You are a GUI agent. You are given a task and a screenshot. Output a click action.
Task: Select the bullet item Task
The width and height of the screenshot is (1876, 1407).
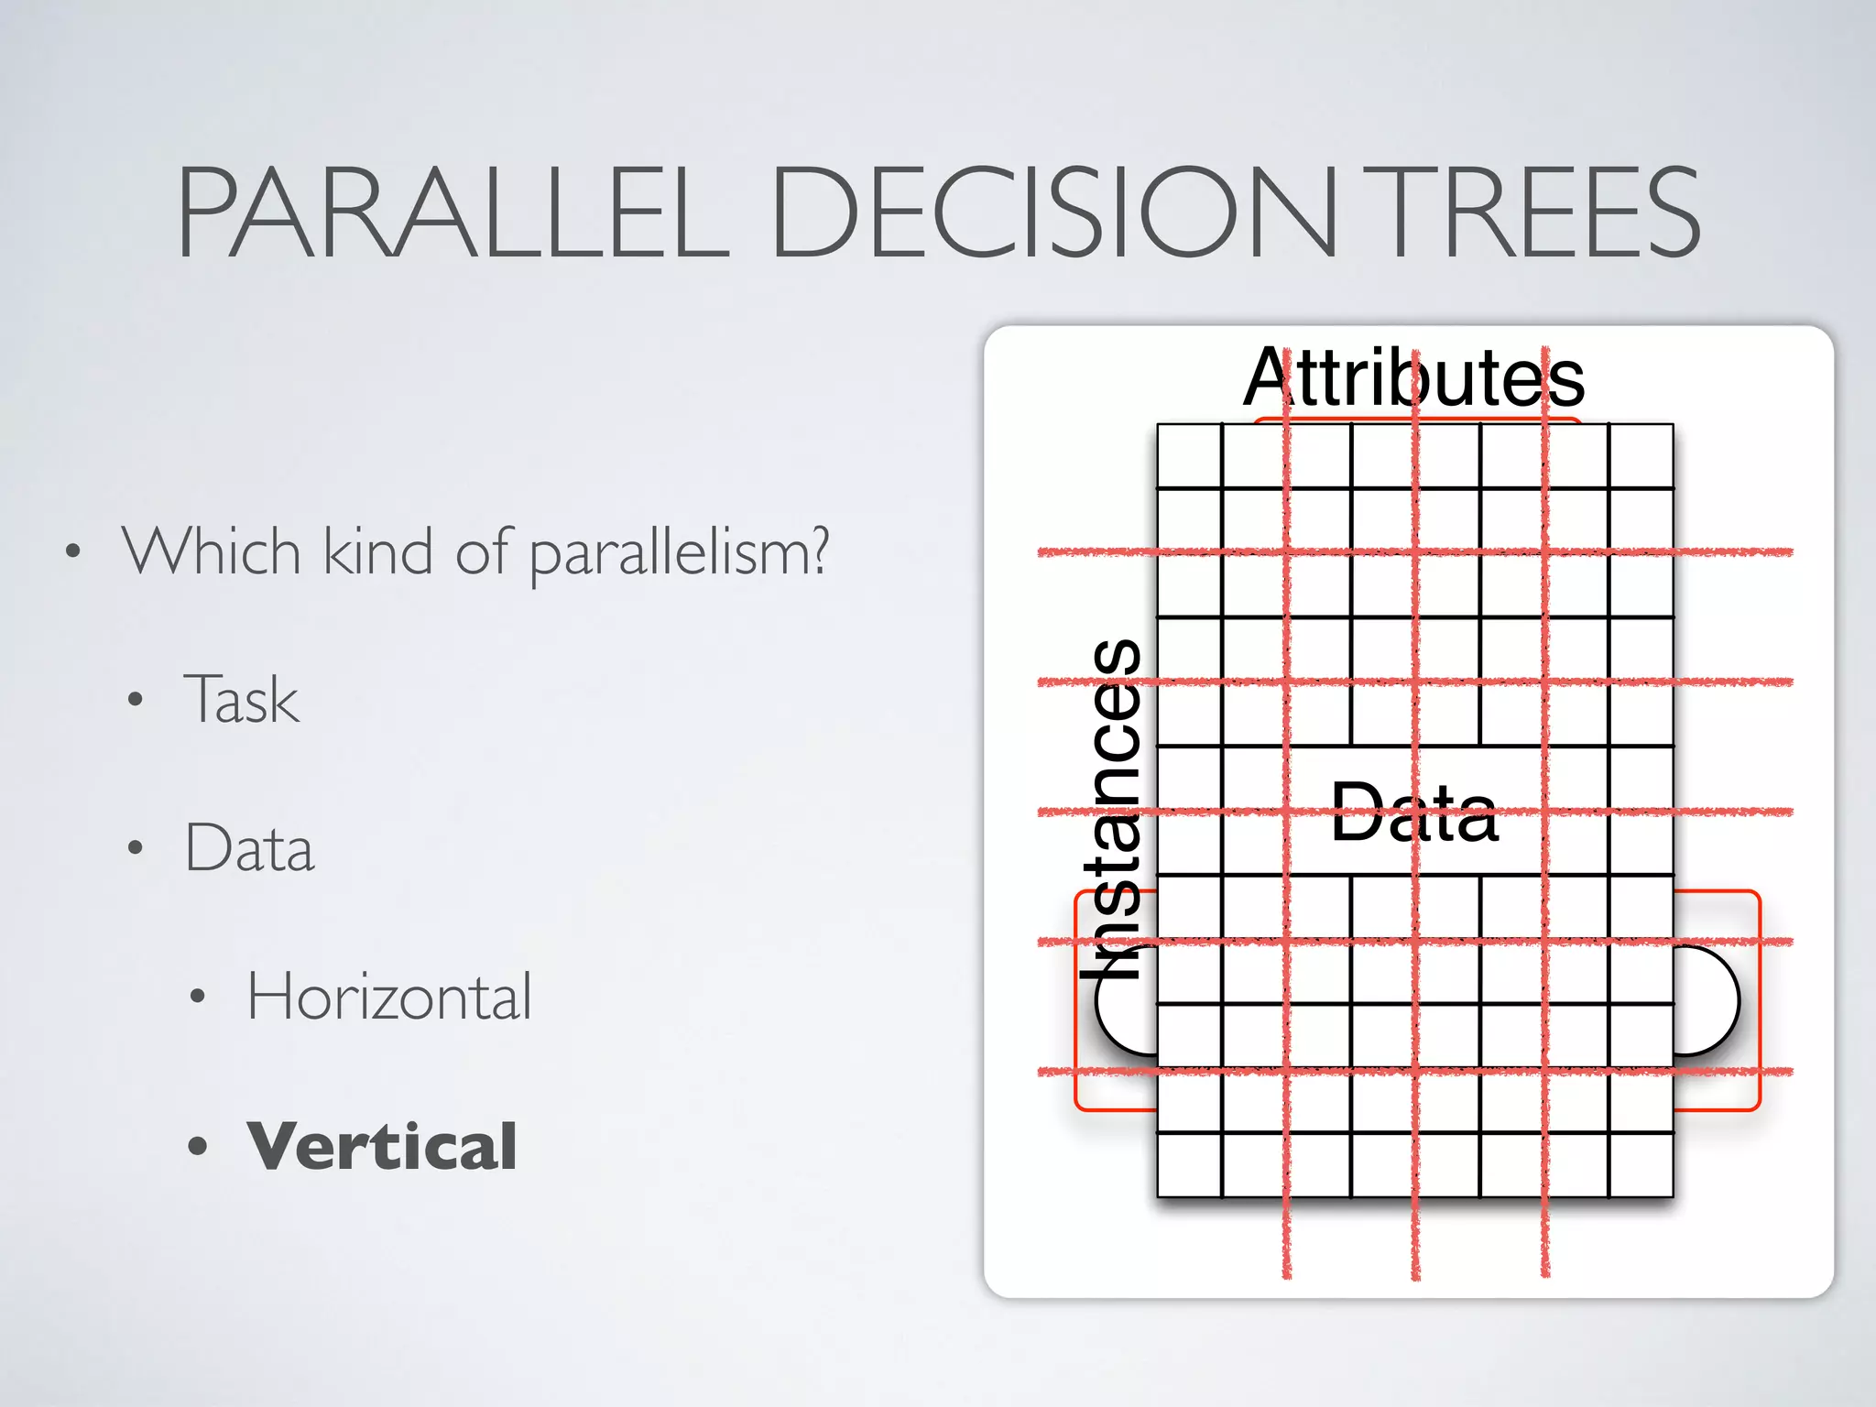pyautogui.click(x=241, y=699)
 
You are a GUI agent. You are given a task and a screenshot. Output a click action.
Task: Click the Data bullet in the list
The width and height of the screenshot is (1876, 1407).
pyautogui.click(x=249, y=848)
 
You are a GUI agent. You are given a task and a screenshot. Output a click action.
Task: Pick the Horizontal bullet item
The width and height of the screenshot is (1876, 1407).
pyautogui.click(x=388, y=997)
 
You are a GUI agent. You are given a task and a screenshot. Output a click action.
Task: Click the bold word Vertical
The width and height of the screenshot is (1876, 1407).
pyautogui.click(x=382, y=1146)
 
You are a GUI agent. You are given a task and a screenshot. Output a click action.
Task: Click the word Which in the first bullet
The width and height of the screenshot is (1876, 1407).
pyautogui.click(x=212, y=551)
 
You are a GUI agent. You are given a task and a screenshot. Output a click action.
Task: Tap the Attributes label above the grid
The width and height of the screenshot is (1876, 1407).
pyautogui.click(x=1413, y=377)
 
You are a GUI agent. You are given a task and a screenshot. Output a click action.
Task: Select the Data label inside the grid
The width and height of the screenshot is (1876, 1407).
pyautogui.click(x=1413, y=813)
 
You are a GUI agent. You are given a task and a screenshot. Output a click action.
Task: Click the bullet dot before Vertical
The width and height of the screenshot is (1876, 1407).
pyautogui.click(x=198, y=1146)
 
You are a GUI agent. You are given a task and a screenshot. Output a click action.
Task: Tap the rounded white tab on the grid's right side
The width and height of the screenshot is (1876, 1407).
pyautogui.click(x=1706, y=1000)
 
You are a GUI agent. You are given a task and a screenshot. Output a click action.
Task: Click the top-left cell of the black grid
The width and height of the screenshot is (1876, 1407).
pyautogui.click(x=1189, y=455)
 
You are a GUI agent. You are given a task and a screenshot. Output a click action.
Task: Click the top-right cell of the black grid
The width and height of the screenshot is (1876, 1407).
pyautogui.click(x=1641, y=455)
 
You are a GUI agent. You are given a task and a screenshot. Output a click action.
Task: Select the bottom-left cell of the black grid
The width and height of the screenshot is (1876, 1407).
pyautogui.click(x=1189, y=1164)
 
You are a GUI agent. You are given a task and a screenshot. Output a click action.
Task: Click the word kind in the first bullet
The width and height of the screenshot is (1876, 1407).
pyautogui.click(x=377, y=551)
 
